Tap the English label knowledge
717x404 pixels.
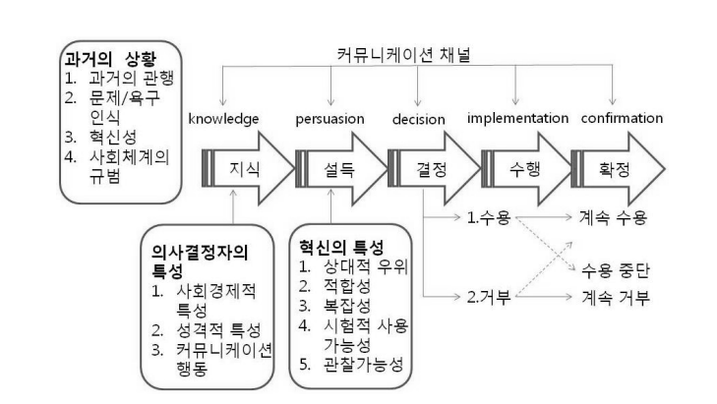coord(224,118)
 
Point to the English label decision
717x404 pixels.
coord(420,118)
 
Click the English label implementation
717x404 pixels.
coord(517,118)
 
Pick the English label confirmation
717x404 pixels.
coord(623,118)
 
